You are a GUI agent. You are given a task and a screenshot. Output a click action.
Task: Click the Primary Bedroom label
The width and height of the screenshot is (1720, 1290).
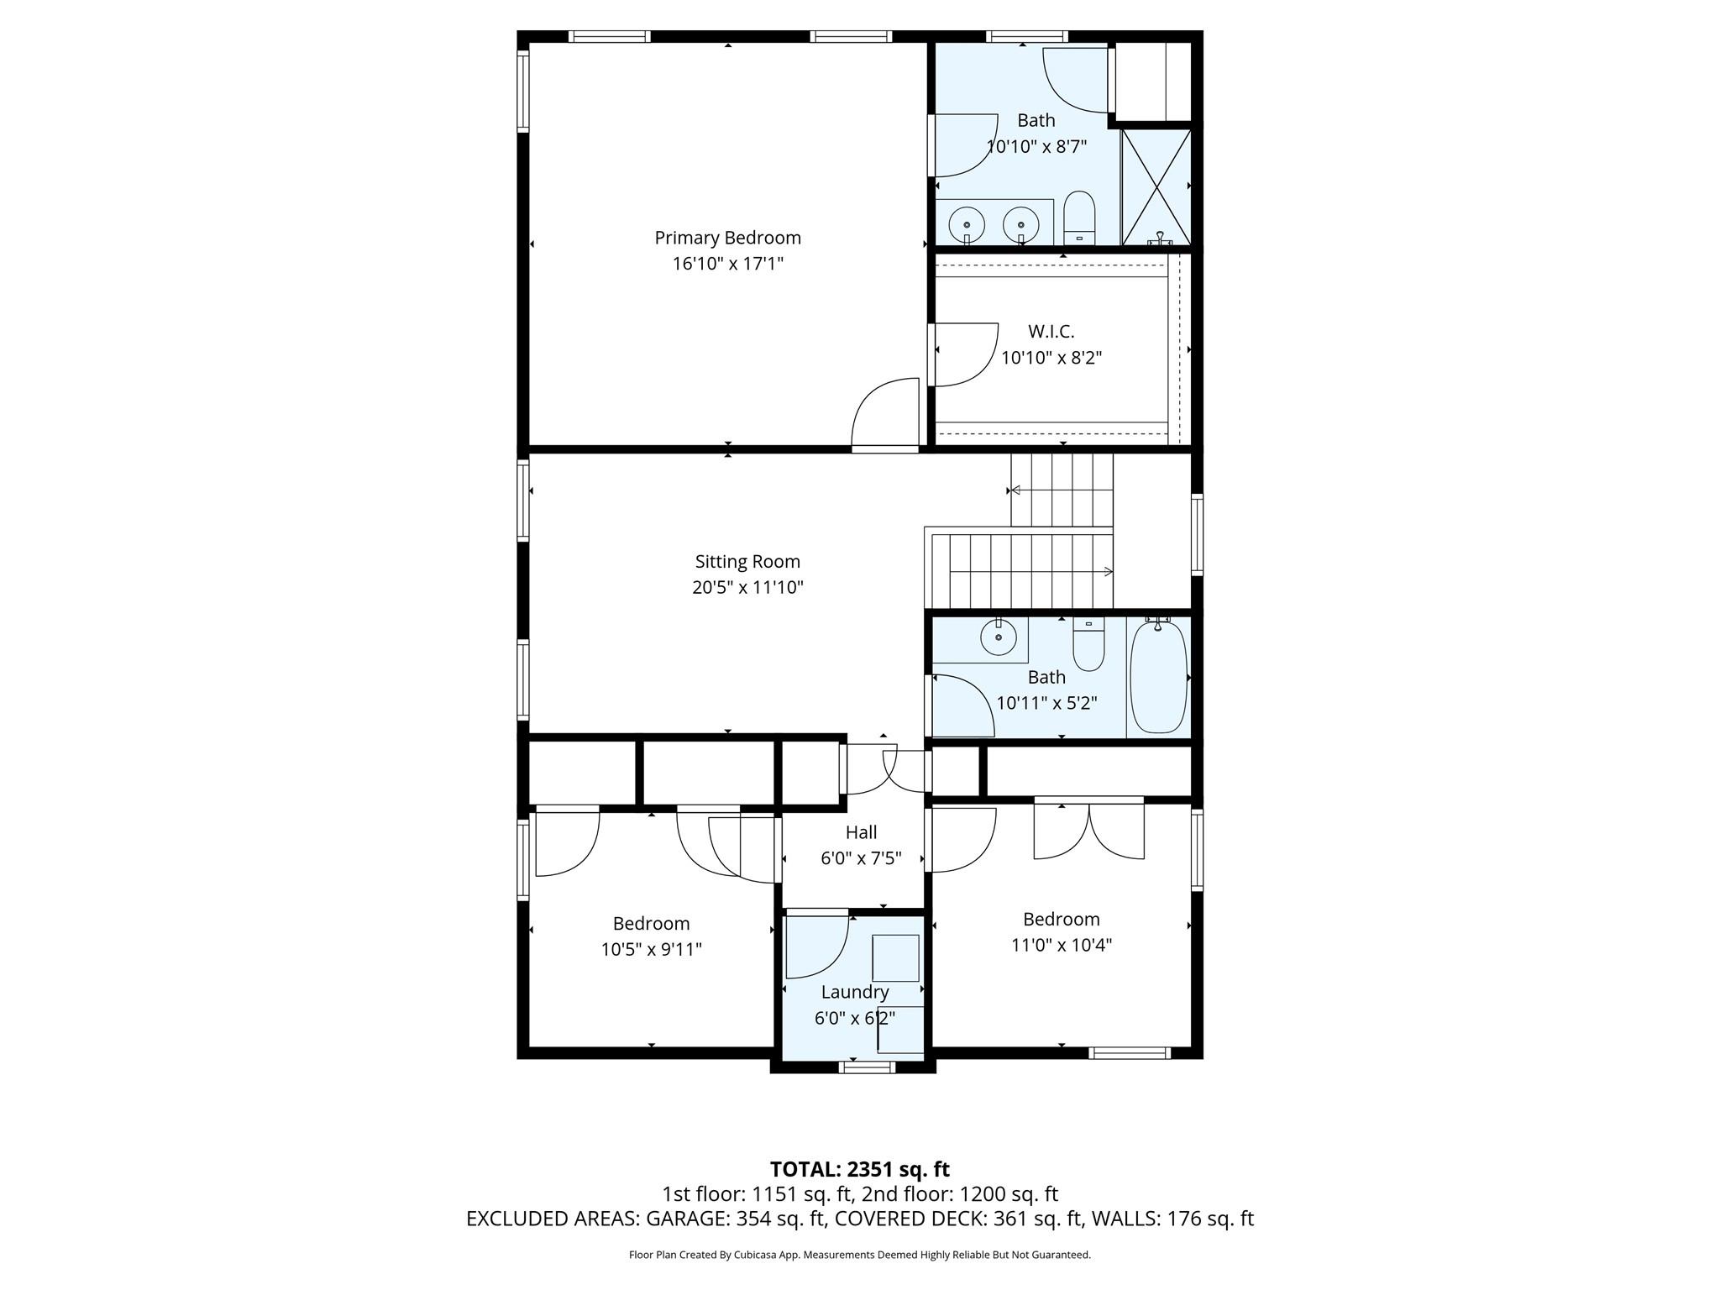tap(727, 238)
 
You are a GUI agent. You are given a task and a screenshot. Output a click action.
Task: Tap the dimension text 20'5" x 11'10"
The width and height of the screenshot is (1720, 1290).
tap(747, 587)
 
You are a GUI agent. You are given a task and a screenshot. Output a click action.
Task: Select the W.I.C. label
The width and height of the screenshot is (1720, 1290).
tap(1051, 332)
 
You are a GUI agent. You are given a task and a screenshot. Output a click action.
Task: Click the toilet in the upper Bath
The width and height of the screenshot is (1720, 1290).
tap(1079, 216)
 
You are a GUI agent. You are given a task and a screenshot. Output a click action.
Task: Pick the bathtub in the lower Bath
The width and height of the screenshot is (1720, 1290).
tap(1158, 677)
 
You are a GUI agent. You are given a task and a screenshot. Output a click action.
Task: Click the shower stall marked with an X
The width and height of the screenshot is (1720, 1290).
tap(1156, 186)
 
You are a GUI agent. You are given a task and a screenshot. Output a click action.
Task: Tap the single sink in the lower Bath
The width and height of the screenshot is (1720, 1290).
tap(999, 637)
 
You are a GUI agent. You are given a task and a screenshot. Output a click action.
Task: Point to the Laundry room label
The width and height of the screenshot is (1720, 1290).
tap(854, 992)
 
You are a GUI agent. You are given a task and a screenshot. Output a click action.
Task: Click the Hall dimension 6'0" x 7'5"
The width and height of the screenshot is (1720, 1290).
tap(861, 858)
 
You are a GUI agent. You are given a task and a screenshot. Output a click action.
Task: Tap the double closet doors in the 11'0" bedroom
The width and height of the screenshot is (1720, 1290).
tap(1088, 831)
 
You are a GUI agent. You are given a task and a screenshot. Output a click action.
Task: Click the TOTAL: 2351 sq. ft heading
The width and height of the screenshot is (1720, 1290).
tap(859, 1169)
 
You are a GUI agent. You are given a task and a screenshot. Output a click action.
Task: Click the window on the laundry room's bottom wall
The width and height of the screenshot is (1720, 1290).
tap(868, 1067)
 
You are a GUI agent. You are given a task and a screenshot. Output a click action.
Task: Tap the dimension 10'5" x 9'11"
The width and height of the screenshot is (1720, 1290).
tap(651, 950)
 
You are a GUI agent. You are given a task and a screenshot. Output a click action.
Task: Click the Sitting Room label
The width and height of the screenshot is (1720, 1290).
tap(747, 561)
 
